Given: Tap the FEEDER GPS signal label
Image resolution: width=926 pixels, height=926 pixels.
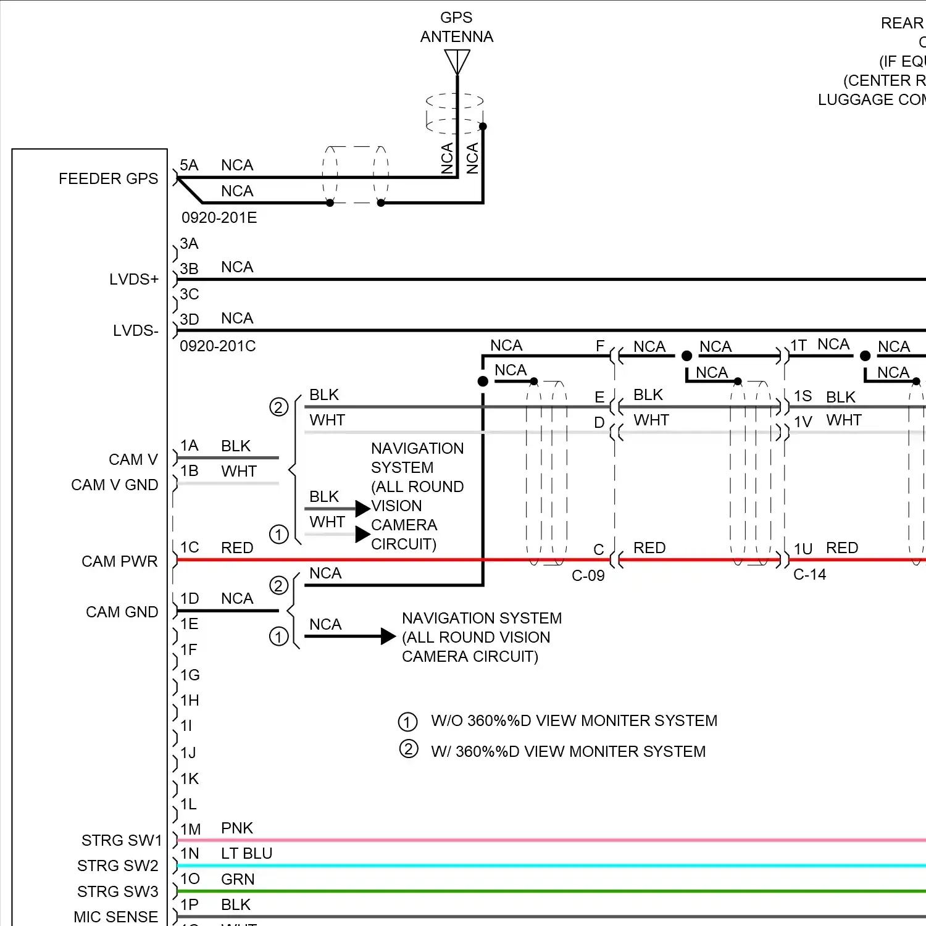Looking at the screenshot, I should [108, 179].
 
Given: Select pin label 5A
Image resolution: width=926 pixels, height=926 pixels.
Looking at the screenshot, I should [189, 165].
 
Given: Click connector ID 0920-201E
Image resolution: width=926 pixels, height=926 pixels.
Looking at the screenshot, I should [219, 218].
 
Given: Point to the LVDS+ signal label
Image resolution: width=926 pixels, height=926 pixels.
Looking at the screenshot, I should [133, 280].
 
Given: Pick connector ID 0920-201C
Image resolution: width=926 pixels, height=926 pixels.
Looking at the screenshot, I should [218, 346].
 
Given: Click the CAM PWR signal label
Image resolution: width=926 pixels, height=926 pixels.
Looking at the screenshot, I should [119, 562].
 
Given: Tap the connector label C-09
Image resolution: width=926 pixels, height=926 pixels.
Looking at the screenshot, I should [588, 576].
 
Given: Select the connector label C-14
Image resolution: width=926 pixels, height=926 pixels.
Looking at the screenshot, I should [809, 575].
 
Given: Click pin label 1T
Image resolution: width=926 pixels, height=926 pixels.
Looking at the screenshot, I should [799, 345].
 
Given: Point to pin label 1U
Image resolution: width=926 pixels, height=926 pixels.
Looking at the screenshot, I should [803, 549].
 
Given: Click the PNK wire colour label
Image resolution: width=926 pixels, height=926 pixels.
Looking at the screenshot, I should [237, 828].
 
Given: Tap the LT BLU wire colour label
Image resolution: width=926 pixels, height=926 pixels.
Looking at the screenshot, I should [246, 854].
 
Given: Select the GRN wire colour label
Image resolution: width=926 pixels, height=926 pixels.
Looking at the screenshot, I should [238, 879].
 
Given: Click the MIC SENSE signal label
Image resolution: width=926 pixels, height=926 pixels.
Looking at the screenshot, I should [115, 917].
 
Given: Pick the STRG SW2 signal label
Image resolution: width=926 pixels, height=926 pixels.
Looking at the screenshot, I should [117, 866].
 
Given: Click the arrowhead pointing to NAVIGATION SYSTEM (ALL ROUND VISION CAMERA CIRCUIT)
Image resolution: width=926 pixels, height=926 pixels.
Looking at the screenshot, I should [388, 636].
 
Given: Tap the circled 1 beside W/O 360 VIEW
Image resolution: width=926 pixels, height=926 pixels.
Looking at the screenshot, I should [407, 722].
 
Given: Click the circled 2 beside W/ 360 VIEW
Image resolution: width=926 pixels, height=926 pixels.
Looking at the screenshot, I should [408, 749].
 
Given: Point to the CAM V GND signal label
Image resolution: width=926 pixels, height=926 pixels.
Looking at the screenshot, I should [114, 485].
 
